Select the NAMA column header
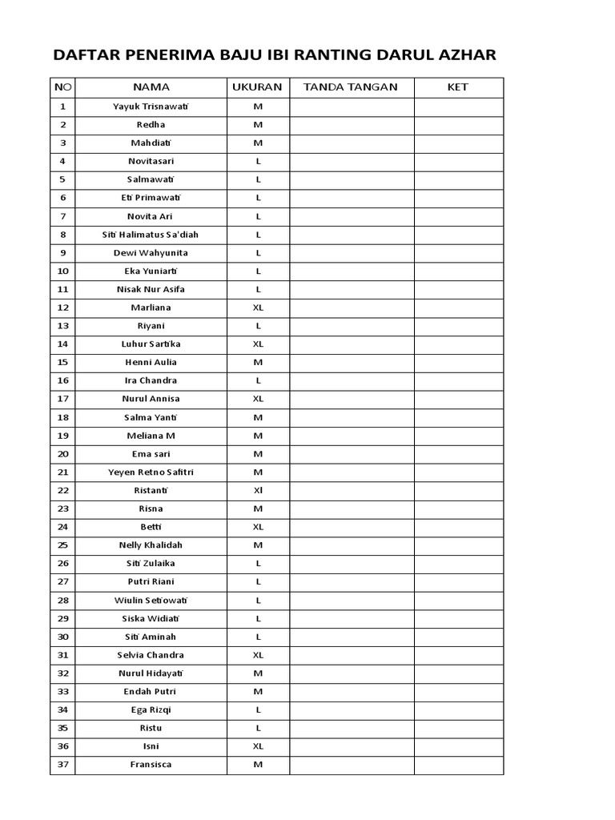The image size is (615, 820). [151, 87]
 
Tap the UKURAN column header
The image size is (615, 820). [257, 87]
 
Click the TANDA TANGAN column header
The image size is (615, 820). [351, 87]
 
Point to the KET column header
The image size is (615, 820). [458, 87]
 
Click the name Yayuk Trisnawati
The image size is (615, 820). [151, 107]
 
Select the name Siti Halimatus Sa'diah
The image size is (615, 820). [151, 235]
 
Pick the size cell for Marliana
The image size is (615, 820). [258, 307]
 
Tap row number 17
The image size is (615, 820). [63, 399]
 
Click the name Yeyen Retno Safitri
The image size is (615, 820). [151, 472]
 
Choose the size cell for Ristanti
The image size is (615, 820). [258, 490]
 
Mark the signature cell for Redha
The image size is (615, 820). [352, 125]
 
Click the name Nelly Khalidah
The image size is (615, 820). [151, 545]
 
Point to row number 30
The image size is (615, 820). [63, 637]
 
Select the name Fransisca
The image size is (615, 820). [151, 765]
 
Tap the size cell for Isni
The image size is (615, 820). [258, 746]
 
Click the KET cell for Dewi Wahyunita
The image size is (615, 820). [458, 253]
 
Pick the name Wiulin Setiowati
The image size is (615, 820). [151, 601]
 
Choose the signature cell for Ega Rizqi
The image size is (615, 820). [352, 710]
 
